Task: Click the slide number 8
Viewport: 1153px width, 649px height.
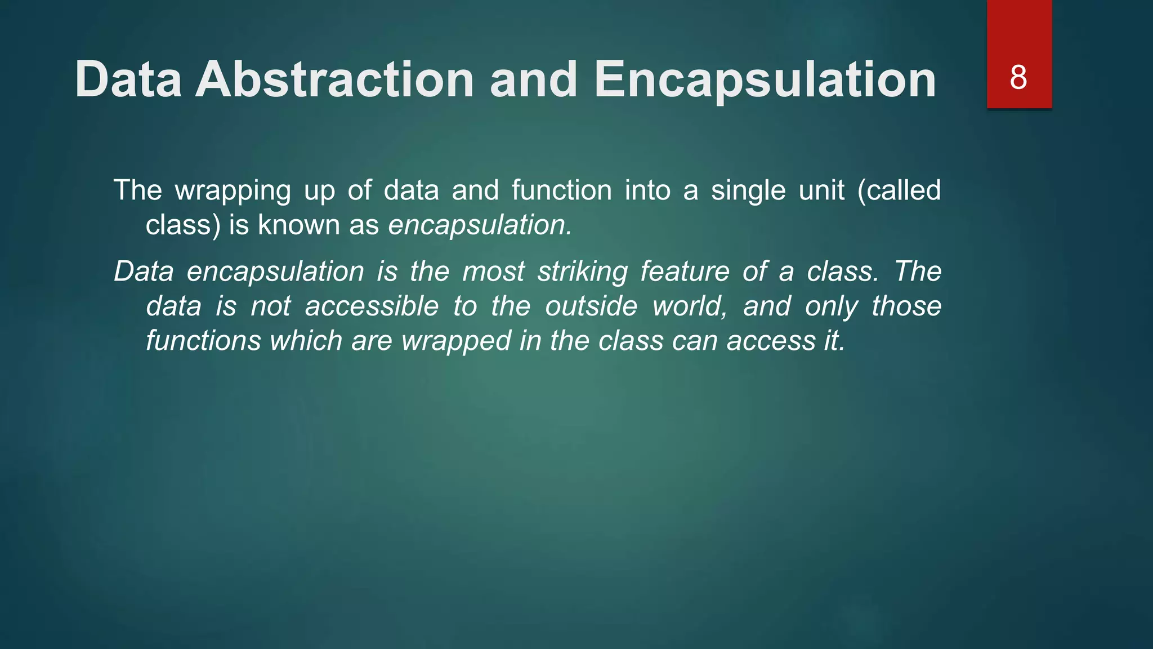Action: pyautogui.click(x=1018, y=78)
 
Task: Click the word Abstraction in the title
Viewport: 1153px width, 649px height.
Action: pyautogui.click(x=334, y=80)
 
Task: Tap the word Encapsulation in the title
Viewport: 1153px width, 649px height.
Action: pyautogui.click(x=765, y=80)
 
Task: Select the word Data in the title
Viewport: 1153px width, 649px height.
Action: pyautogui.click(x=128, y=80)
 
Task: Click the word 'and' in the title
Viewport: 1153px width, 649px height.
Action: pyautogui.click(x=533, y=80)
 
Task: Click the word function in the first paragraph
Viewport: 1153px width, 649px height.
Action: pyautogui.click(x=561, y=190)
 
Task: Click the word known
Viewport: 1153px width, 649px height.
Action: pyautogui.click(x=299, y=225)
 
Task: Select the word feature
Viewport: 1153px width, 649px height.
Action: pyautogui.click(x=685, y=272)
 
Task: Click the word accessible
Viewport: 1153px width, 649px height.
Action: pyautogui.click(x=372, y=306)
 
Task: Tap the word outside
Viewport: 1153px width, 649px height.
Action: pyautogui.click(x=591, y=306)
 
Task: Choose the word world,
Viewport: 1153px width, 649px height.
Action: pyautogui.click(x=690, y=306)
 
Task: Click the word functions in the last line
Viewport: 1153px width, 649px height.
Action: pyautogui.click(x=203, y=341)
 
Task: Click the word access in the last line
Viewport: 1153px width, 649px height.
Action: pyautogui.click(x=771, y=341)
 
